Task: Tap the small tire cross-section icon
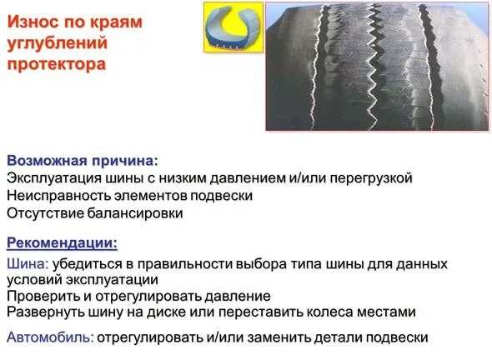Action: [234, 27]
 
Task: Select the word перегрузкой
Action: [370, 177]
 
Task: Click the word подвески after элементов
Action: [222, 195]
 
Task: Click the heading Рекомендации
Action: [62, 243]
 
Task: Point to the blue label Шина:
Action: [27, 264]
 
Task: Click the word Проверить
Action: [42, 296]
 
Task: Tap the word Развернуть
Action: [45, 312]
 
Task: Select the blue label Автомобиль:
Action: [50, 337]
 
